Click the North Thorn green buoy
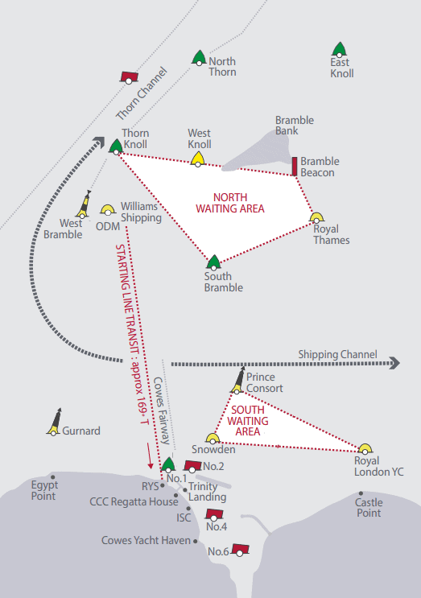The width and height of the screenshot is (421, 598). [x=199, y=58]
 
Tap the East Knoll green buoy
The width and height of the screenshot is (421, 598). [x=339, y=50]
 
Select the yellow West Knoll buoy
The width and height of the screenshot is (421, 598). [x=197, y=159]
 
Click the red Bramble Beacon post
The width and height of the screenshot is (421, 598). [x=295, y=167]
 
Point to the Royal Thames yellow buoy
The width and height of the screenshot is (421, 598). [x=316, y=218]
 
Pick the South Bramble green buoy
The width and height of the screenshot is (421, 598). [x=213, y=262]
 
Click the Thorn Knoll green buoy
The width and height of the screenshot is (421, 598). [x=116, y=146]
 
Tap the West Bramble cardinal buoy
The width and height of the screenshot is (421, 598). [x=84, y=204]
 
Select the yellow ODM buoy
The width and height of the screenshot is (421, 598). [x=108, y=210]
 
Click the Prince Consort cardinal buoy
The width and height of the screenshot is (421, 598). [x=238, y=380]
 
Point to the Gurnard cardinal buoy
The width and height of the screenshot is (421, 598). [x=55, y=422]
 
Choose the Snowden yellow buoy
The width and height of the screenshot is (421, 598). [x=213, y=438]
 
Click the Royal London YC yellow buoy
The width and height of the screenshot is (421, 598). [x=365, y=449]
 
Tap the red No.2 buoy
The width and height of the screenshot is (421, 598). [x=192, y=466]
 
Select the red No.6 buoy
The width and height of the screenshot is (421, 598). [x=240, y=550]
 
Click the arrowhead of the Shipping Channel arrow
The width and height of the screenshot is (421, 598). [x=394, y=363]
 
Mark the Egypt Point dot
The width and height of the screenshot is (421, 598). [x=52, y=477]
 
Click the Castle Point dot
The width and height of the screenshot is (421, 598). [x=361, y=493]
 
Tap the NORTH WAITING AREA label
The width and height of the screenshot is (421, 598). [x=230, y=203]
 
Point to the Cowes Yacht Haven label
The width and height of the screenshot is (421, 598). [x=146, y=540]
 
